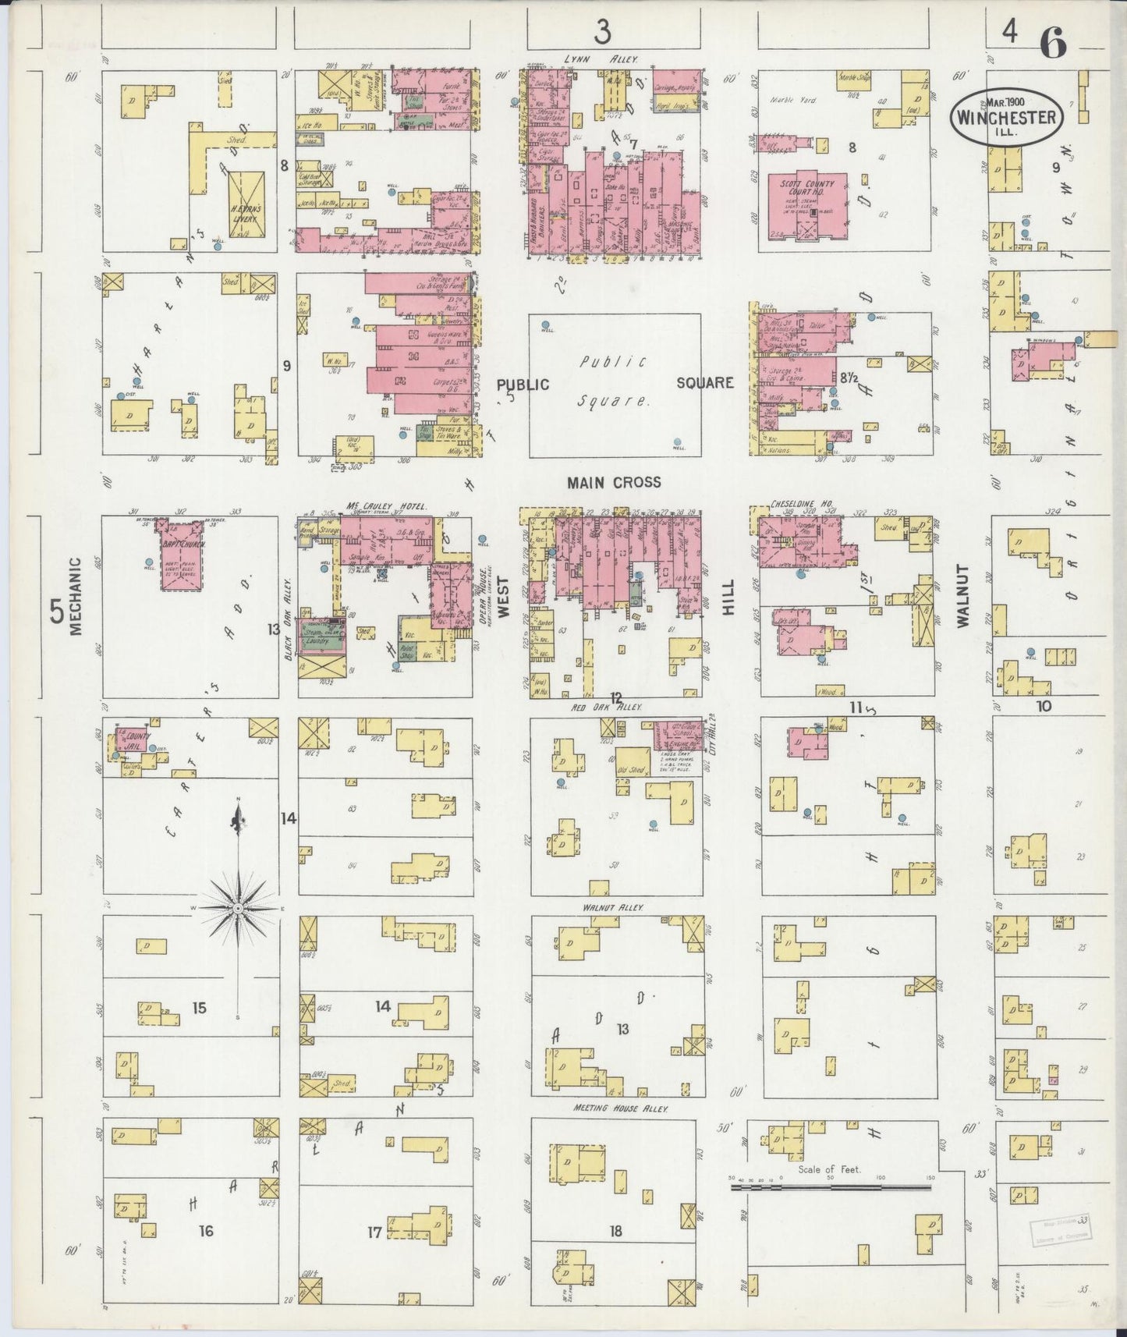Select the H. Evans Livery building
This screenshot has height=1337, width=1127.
246,204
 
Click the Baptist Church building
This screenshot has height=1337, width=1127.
181,559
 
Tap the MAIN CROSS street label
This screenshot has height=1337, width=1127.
614,483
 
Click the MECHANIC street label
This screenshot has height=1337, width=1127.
76,597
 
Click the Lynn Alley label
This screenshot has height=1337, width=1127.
601,59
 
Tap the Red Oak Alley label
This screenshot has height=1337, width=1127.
616,707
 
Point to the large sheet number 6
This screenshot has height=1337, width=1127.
1052,44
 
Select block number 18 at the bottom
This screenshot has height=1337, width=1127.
616,1232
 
